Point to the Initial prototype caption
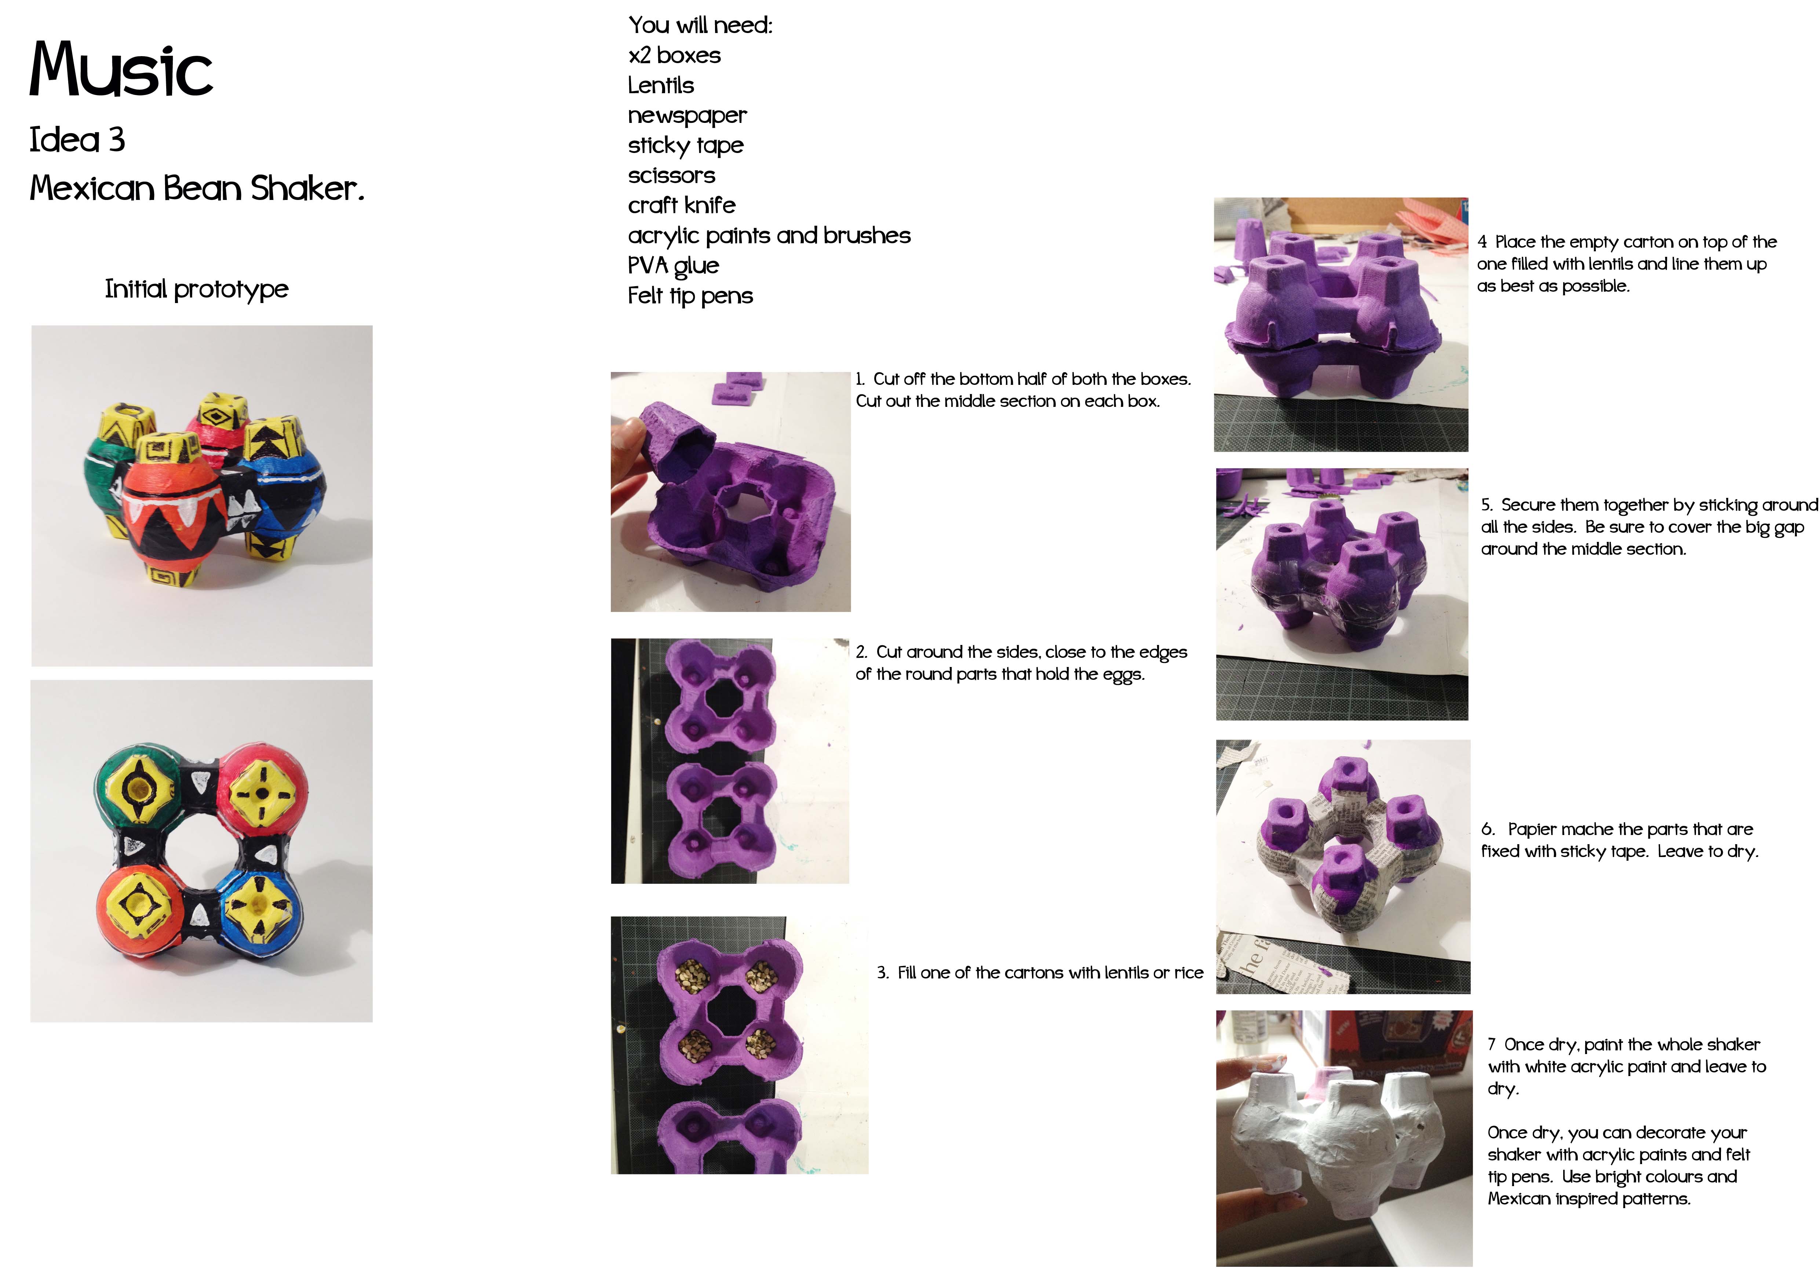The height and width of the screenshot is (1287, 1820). [197, 289]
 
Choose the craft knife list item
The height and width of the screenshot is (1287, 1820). [682, 205]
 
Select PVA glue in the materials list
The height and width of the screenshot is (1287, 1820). [673, 266]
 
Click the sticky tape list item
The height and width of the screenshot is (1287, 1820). [686, 146]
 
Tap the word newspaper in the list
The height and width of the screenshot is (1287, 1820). [687, 116]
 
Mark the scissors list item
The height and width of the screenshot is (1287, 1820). [671, 175]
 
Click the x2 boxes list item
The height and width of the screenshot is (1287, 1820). [675, 55]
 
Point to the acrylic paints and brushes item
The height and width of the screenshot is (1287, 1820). [769, 236]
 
